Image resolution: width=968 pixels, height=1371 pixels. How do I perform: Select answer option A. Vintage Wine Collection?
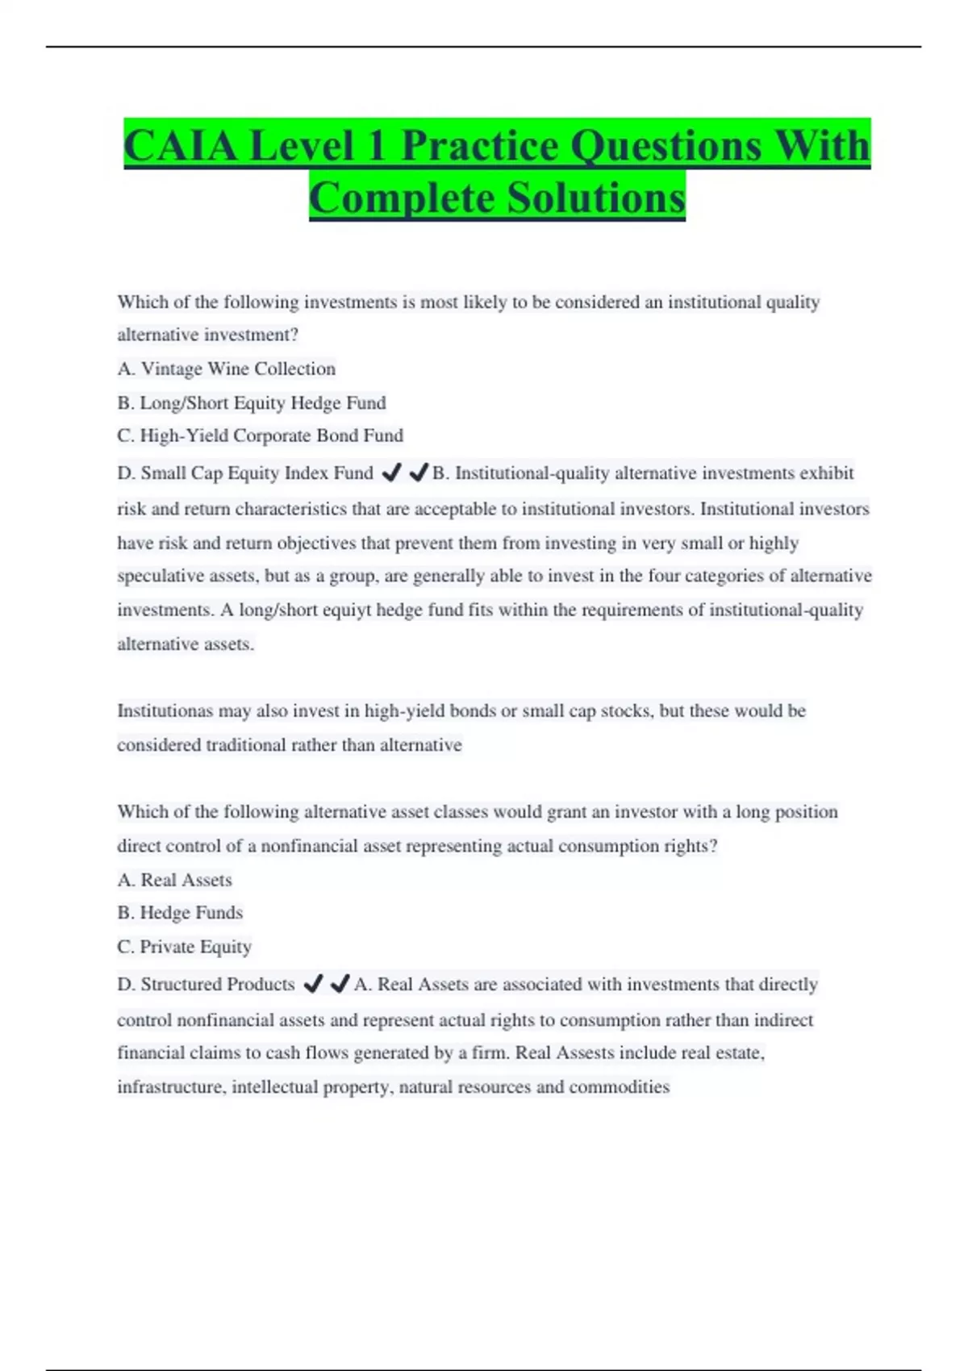[227, 369]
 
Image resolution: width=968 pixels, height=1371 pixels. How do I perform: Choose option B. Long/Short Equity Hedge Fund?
[252, 402]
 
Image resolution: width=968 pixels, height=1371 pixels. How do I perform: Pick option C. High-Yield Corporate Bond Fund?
[260, 435]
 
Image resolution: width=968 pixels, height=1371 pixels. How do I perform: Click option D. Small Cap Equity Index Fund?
[245, 473]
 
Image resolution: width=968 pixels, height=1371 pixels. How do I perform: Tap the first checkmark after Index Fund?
[391, 473]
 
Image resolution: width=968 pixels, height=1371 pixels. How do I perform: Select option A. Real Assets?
[174, 880]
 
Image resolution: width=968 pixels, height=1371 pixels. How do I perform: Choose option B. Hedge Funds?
[180, 912]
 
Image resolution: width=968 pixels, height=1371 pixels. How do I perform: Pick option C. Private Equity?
[184, 946]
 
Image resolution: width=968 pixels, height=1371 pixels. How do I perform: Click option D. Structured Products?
[206, 984]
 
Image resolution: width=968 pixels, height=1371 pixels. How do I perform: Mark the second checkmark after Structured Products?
[340, 983]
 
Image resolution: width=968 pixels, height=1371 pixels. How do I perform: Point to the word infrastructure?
[169, 1086]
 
